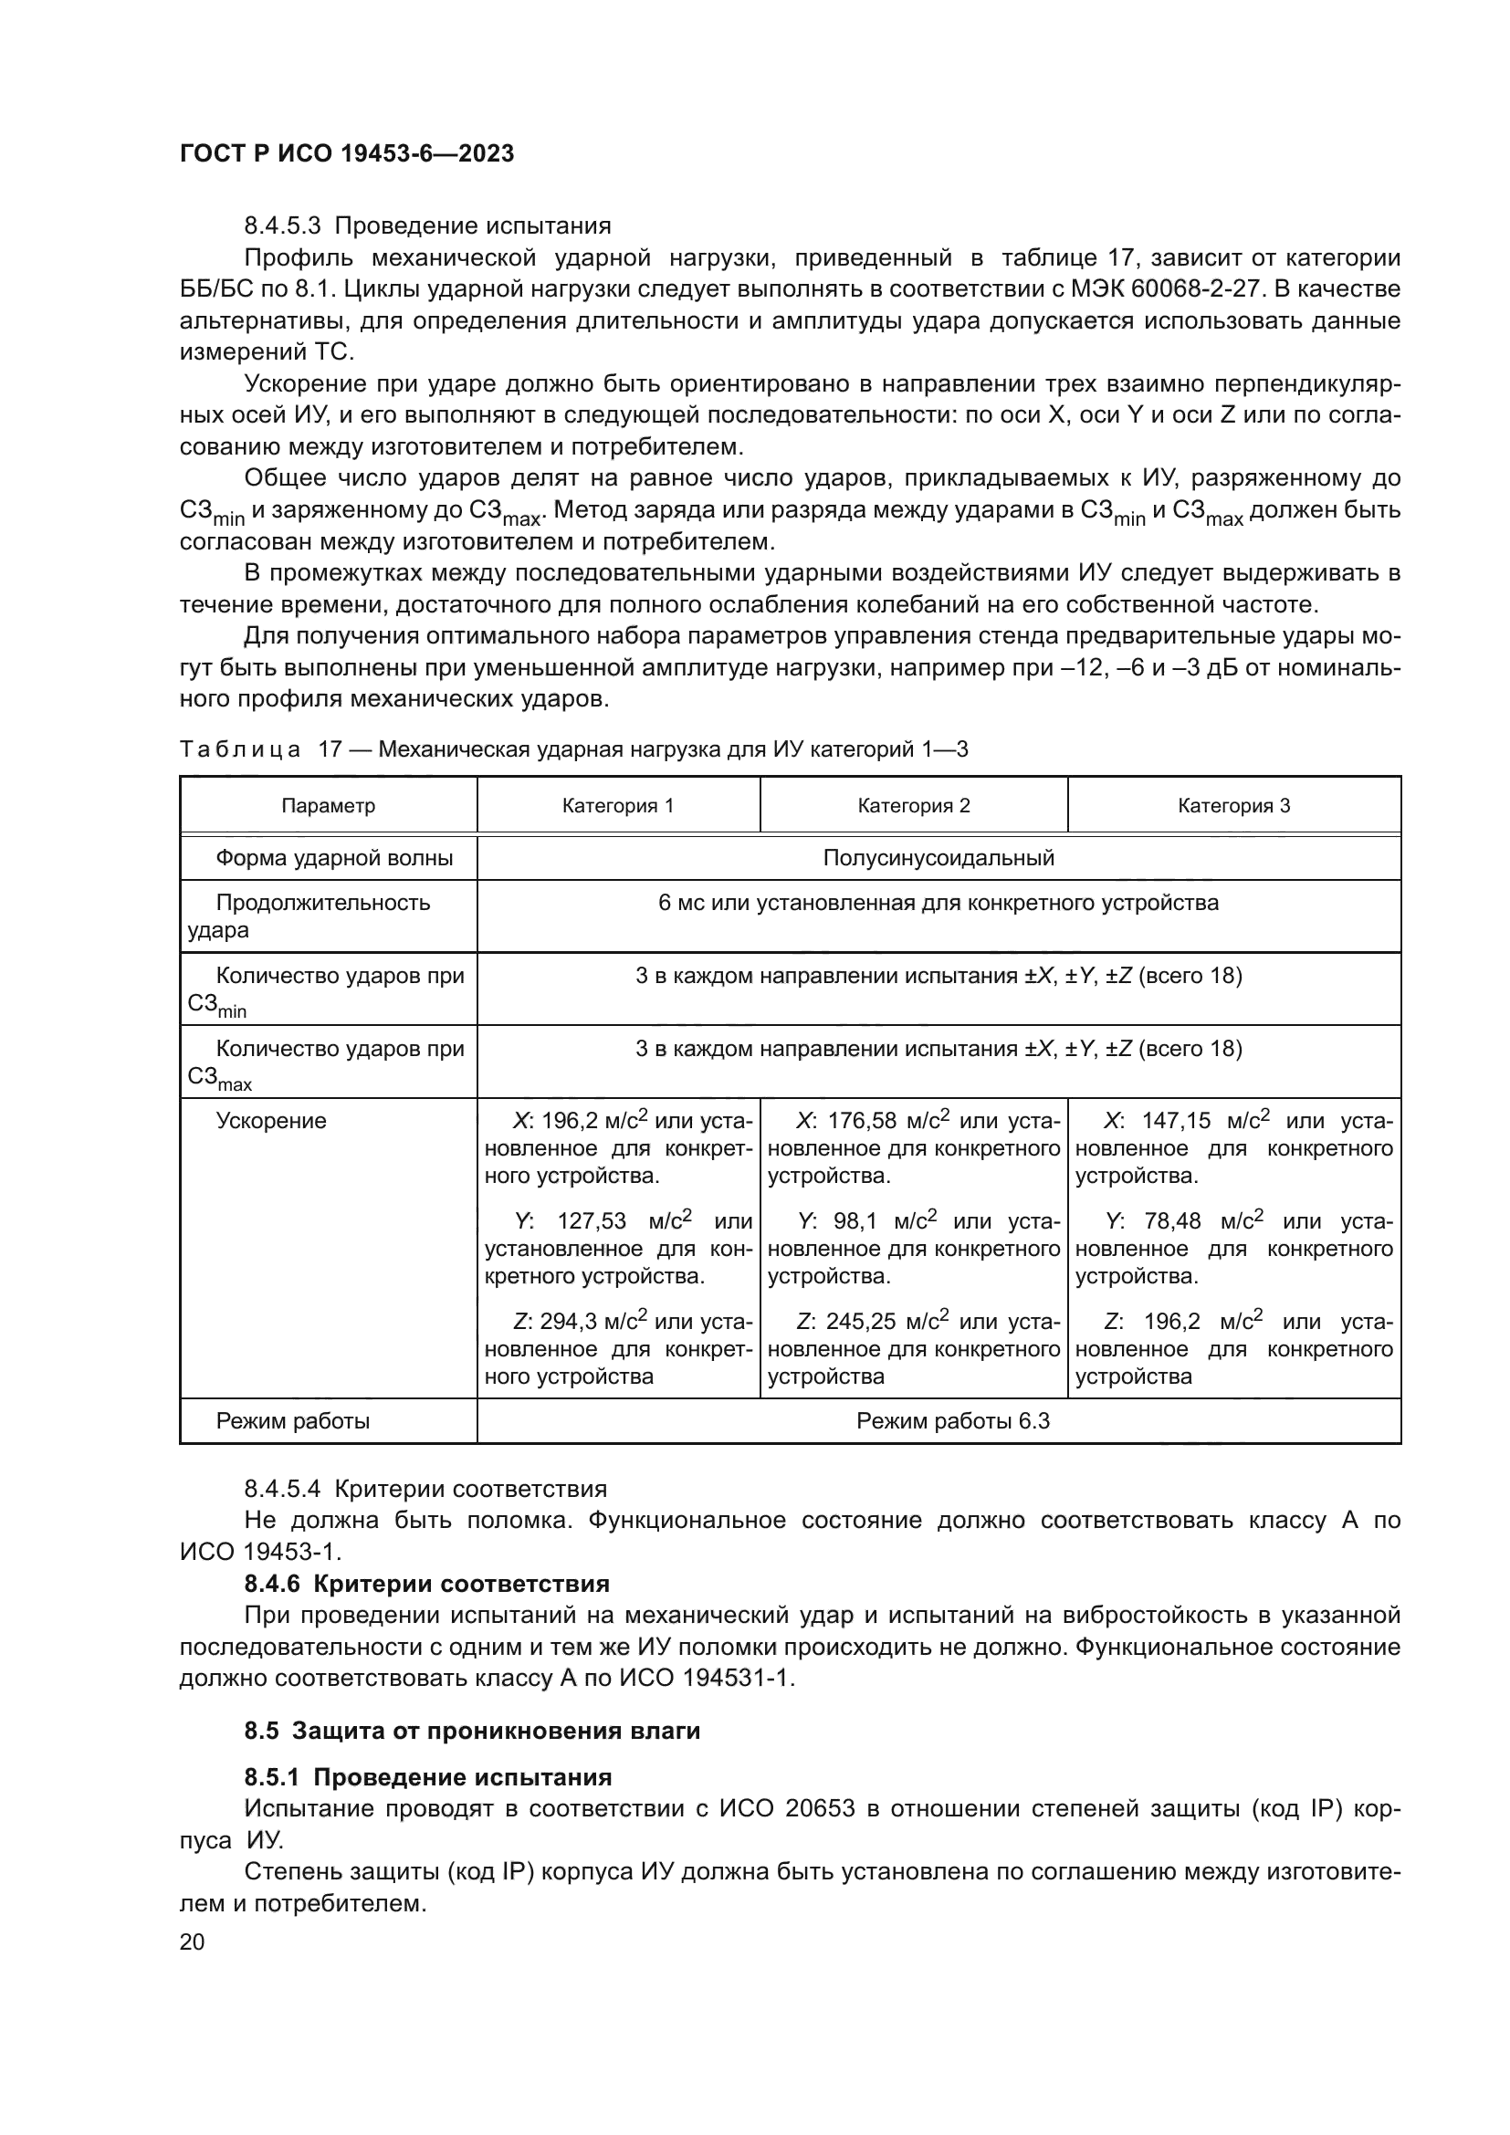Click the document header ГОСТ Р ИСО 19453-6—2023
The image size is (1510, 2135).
coord(346,153)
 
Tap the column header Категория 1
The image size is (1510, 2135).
coord(617,805)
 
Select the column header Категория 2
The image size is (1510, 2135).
coord(913,805)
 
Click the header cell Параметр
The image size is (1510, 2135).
coord(329,805)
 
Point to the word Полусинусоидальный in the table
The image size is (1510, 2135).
coord(939,857)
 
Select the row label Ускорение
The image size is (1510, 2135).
coord(270,1121)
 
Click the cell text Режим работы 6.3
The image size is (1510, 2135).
coord(952,1421)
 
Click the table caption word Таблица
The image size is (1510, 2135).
coord(240,749)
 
